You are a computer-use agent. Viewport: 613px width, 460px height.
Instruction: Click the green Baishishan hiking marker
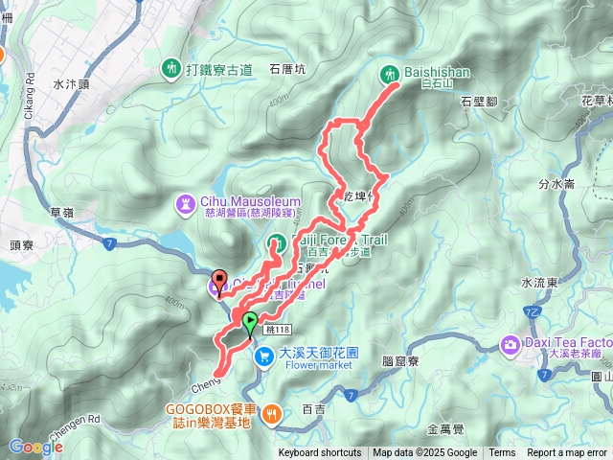(390, 73)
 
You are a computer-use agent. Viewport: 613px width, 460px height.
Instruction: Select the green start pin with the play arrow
(250, 323)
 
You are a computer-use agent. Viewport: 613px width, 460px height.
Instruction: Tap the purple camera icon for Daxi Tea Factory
(511, 343)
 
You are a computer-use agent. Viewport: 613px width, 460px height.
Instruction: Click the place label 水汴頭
(72, 84)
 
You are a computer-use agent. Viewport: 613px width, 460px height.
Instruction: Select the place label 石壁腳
(479, 101)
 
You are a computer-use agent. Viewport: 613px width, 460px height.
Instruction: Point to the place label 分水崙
(556, 184)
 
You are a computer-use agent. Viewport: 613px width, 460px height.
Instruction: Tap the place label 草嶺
(61, 213)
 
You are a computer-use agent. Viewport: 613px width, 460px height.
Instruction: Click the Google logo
(35, 447)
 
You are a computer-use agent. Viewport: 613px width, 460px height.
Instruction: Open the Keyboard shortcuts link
(320, 453)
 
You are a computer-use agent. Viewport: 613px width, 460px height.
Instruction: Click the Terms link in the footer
(501, 453)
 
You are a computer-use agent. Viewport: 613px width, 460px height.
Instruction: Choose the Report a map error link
(568, 453)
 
